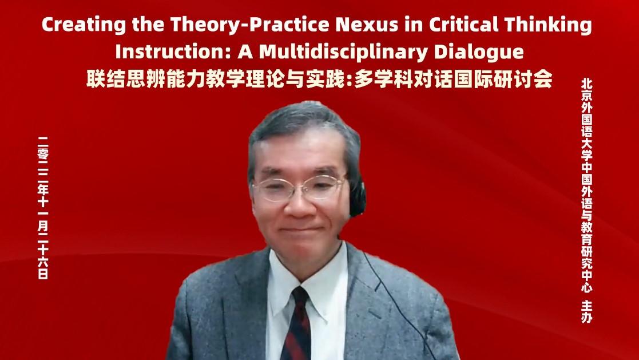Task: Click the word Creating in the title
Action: pos(84,25)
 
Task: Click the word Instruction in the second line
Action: pos(173,52)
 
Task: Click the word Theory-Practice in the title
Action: pos(250,25)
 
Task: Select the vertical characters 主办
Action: pos(586,312)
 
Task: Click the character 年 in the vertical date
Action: pos(43,189)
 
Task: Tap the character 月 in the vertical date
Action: pos(43,226)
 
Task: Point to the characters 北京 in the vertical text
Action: pos(586,90)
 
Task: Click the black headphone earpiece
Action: pos(357,198)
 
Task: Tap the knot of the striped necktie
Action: pos(300,297)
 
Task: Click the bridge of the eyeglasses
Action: pos(300,185)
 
